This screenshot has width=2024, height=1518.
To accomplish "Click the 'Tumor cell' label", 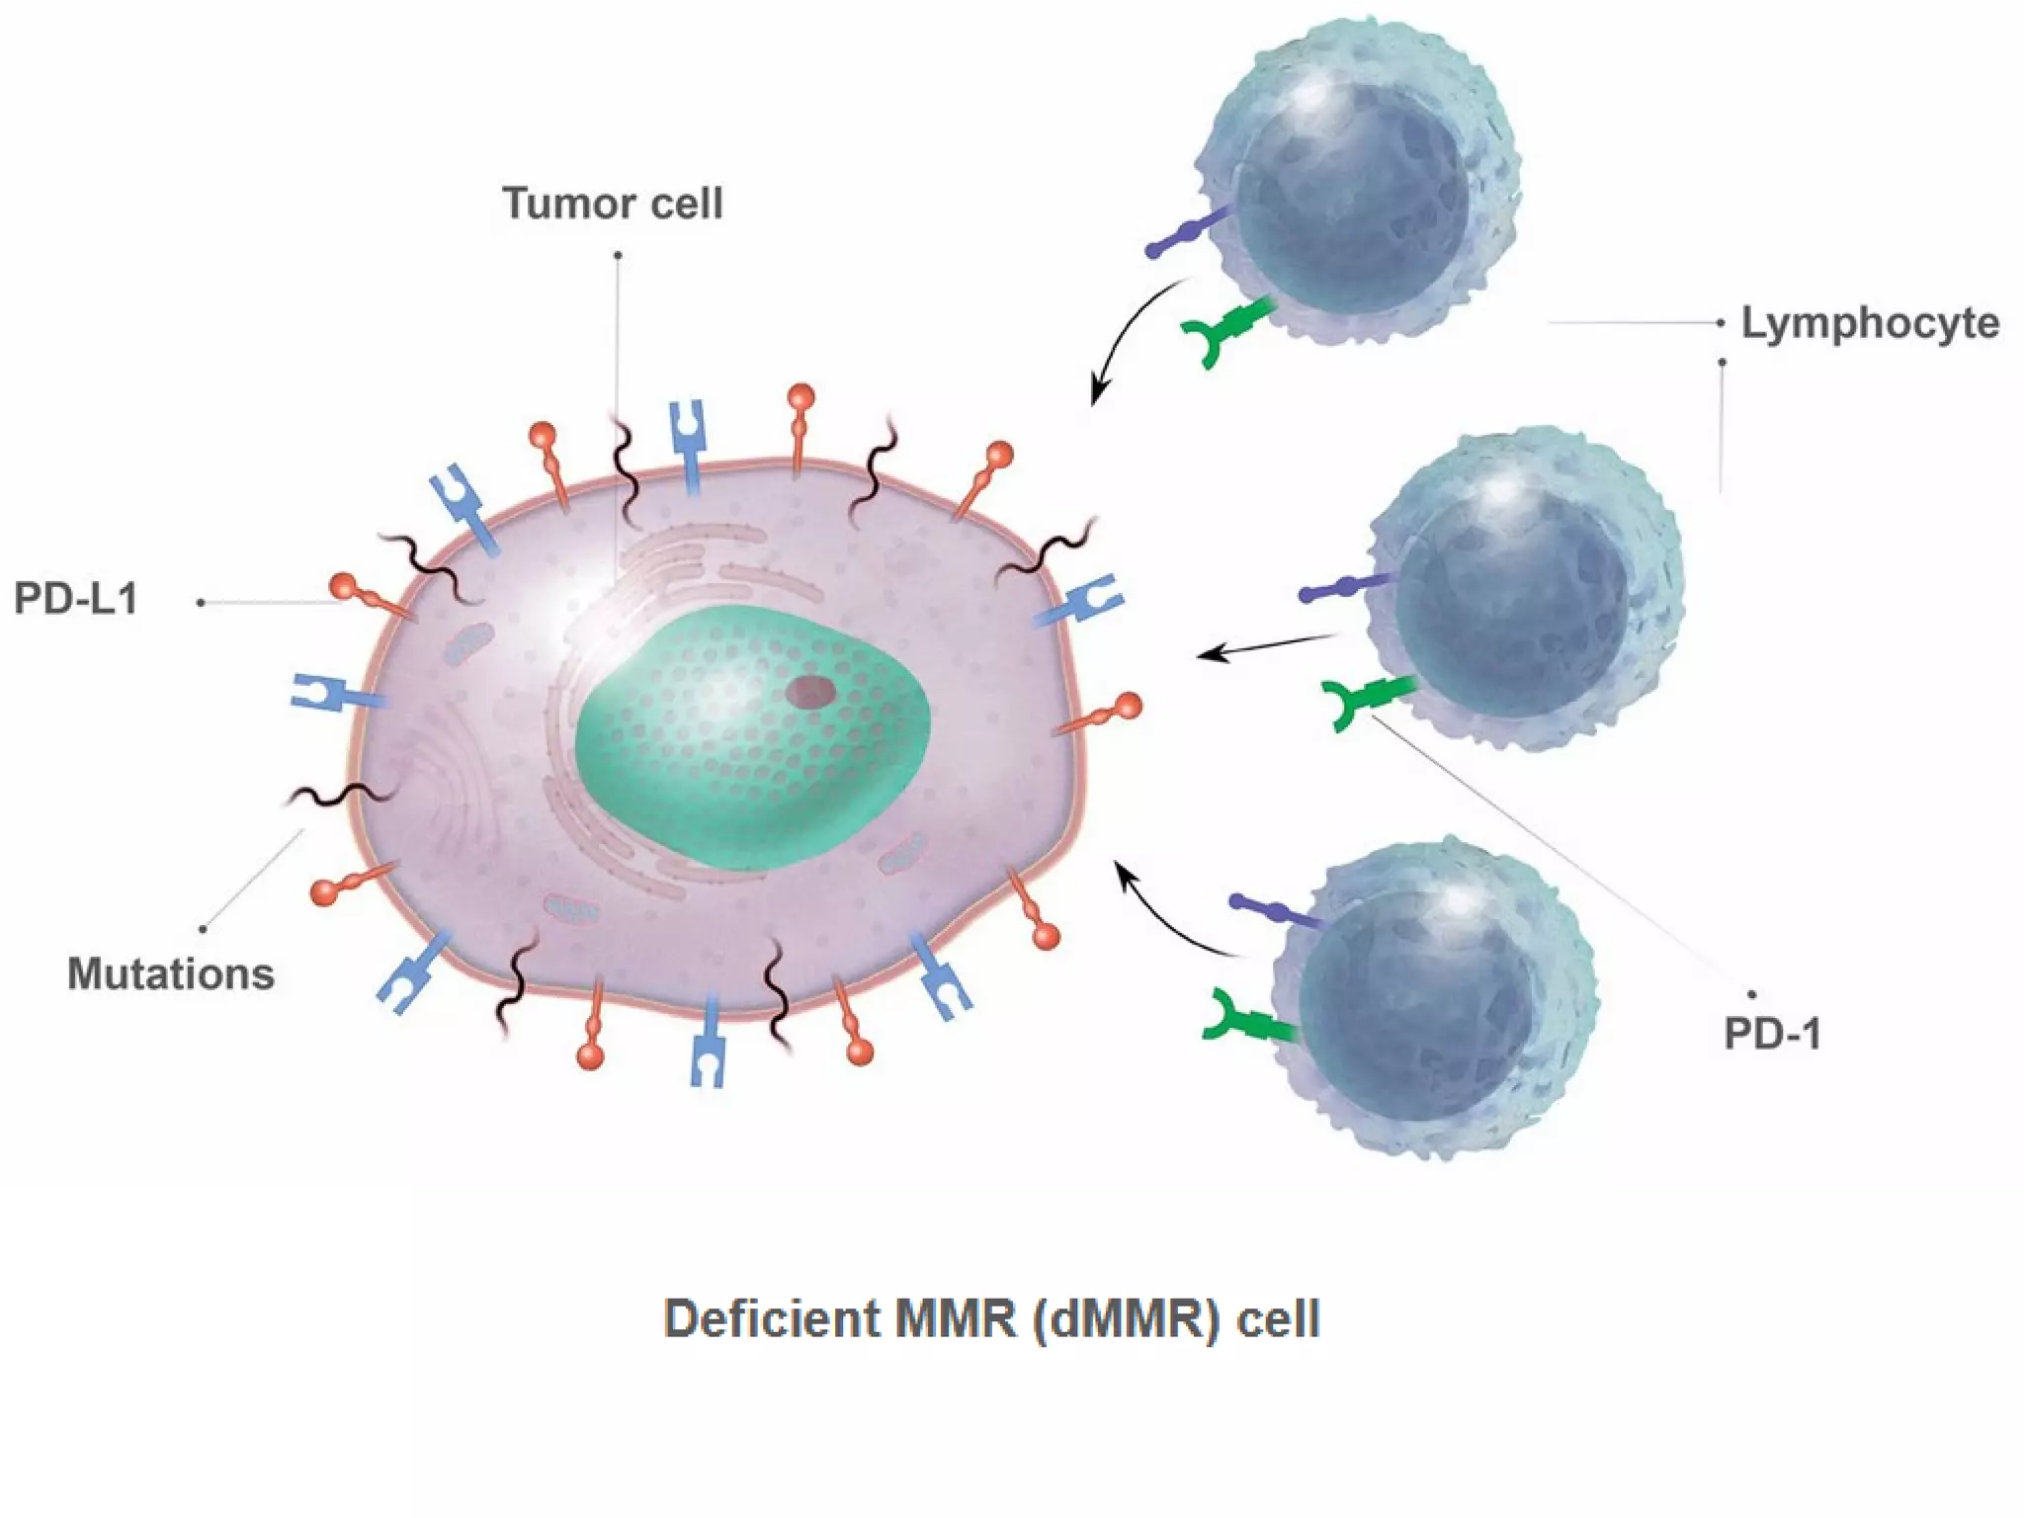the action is click(x=613, y=204).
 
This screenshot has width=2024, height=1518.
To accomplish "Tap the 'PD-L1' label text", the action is click(x=76, y=599).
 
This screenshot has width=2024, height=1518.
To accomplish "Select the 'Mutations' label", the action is click(x=171, y=974).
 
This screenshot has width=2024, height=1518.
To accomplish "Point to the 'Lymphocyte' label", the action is click(x=1870, y=324).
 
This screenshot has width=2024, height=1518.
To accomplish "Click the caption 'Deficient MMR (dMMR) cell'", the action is click(x=991, y=1319).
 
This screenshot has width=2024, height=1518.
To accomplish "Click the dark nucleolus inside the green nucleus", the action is click(x=810, y=691).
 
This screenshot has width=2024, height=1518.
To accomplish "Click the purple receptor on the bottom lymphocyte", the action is click(x=1275, y=910).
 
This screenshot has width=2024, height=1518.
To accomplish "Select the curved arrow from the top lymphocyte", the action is click(x=1127, y=336).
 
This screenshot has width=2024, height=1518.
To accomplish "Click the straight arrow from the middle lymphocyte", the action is click(x=1265, y=646).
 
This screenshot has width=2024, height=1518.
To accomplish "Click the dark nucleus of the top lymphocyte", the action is click(x=1354, y=198).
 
